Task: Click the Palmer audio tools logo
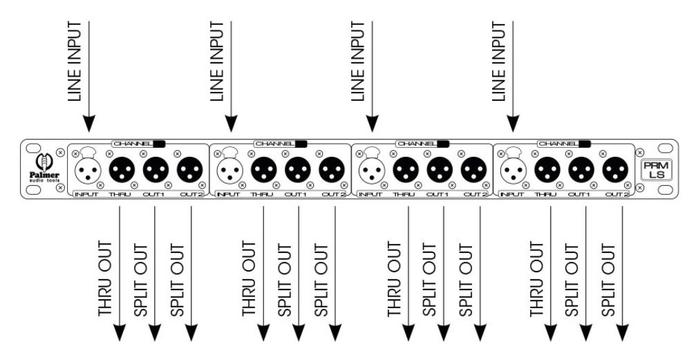tap(44, 168)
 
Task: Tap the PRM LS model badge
tap(657, 170)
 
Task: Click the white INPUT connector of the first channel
tap(88, 169)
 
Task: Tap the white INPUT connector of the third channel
tap(372, 169)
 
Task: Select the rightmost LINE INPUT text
tap(498, 61)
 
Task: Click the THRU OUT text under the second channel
tap(249, 278)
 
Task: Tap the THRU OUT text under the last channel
tap(536, 278)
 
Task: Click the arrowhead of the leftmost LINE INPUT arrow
tap(89, 124)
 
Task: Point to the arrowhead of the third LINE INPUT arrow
tap(372, 124)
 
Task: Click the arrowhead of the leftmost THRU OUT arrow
tap(120, 332)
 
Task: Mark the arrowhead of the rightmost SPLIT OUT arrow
tap(622, 332)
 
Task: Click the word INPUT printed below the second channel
tap(228, 194)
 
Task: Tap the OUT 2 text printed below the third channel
tap(475, 194)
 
